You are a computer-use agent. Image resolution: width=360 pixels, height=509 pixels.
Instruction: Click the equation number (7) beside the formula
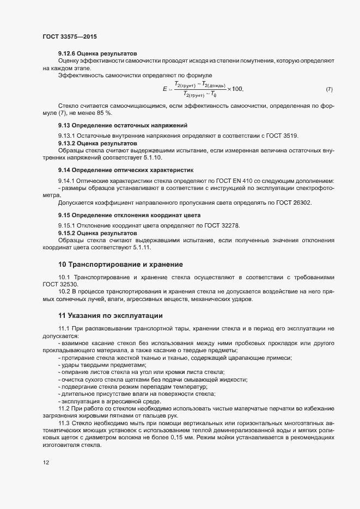pyautogui.click(x=329, y=89)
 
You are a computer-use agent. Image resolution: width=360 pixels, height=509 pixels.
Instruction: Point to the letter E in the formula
pyautogui.click(x=164, y=89)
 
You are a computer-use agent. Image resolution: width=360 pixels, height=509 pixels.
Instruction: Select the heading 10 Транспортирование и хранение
pyautogui.click(x=120, y=265)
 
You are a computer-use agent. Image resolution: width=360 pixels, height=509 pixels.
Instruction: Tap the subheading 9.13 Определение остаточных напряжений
pyautogui.click(x=123, y=125)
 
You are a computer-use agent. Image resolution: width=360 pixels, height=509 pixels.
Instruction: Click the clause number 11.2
pyautogui.click(x=64, y=408)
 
